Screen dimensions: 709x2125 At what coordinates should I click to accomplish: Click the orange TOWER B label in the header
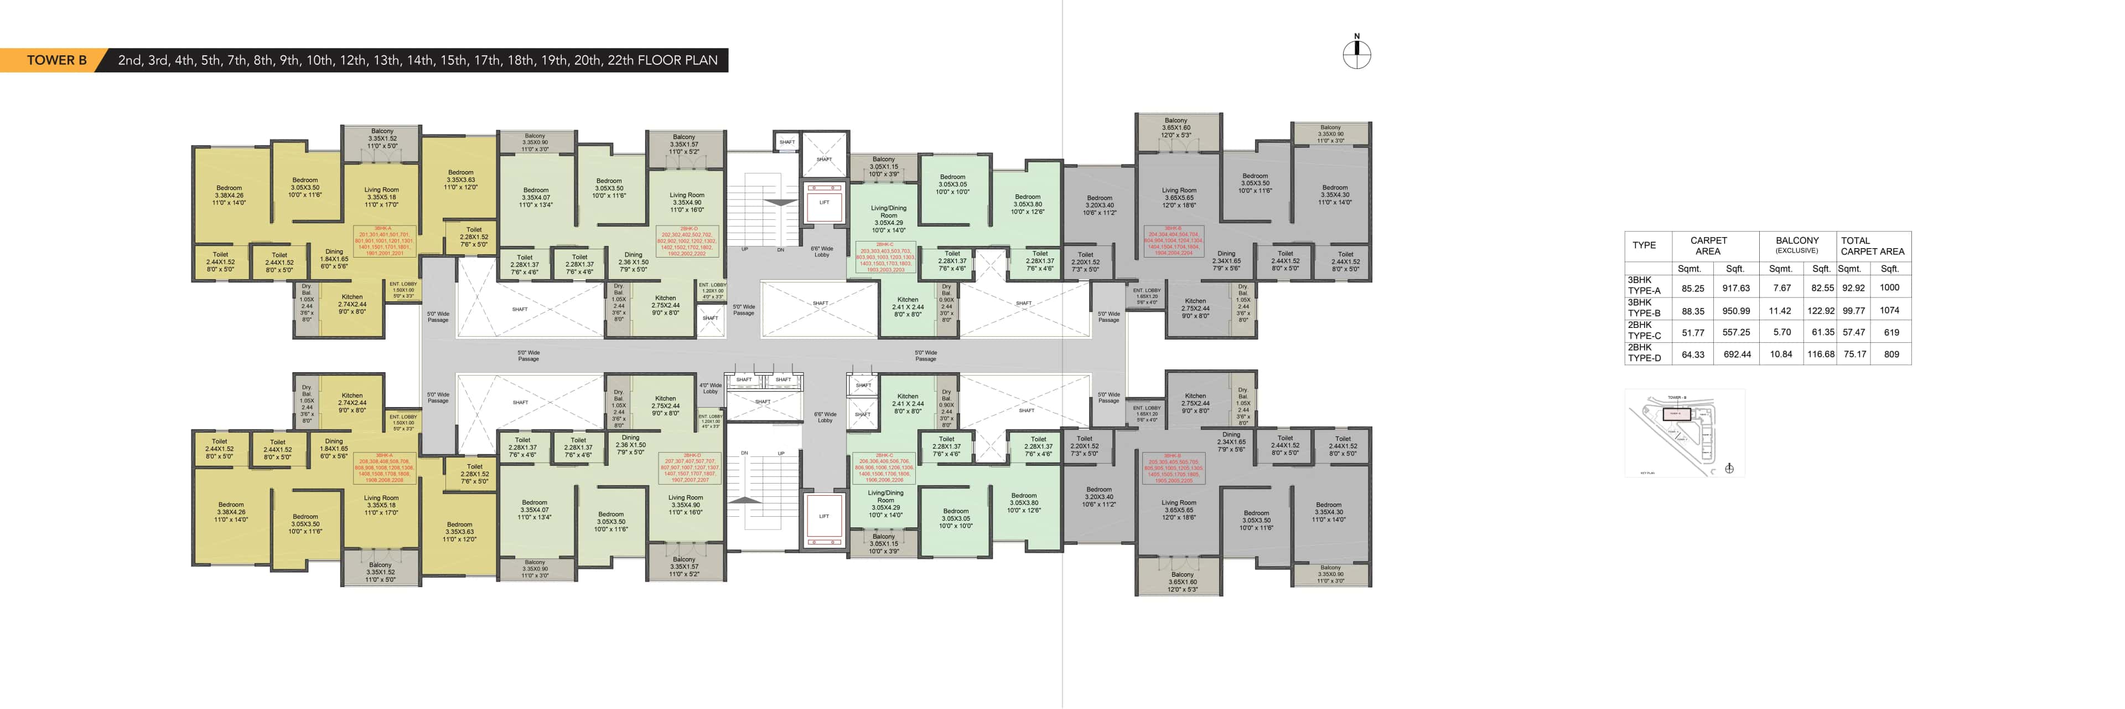(x=56, y=60)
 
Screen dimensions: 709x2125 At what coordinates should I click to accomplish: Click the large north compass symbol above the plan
(x=1356, y=54)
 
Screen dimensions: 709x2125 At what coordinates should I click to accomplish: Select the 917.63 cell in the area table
(x=1735, y=288)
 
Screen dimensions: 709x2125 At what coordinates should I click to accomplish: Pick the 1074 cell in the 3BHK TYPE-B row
(x=1889, y=310)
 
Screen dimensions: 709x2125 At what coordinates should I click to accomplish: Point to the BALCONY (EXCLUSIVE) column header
(x=1797, y=245)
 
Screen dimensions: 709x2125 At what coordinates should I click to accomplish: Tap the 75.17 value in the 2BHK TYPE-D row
(x=1854, y=354)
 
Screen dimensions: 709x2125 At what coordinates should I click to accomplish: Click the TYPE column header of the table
(x=1644, y=245)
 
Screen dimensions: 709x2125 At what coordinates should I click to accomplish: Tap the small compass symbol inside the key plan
(x=1729, y=469)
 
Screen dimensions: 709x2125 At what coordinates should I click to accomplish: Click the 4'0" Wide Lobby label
(x=710, y=388)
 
